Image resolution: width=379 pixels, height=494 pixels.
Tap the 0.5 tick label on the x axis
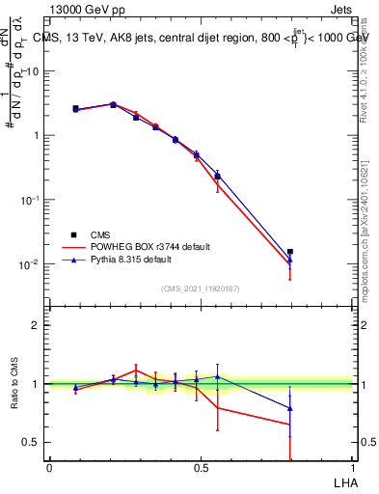pyautogui.click(x=201, y=468)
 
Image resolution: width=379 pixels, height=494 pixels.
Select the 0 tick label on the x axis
pyautogui.click(x=49, y=468)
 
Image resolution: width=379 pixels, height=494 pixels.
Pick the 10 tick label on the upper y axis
pyautogui.click(x=32, y=70)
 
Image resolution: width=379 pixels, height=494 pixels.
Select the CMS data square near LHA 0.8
pyautogui.click(x=290, y=252)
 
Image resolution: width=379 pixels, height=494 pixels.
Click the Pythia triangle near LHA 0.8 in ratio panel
pyautogui.click(x=290, y=408)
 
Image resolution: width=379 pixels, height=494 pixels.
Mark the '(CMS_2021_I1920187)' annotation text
pyautogui.click(x=201, y=288)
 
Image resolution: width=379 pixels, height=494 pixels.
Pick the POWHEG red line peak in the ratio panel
pyautogui.click(x=136, y=369)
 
